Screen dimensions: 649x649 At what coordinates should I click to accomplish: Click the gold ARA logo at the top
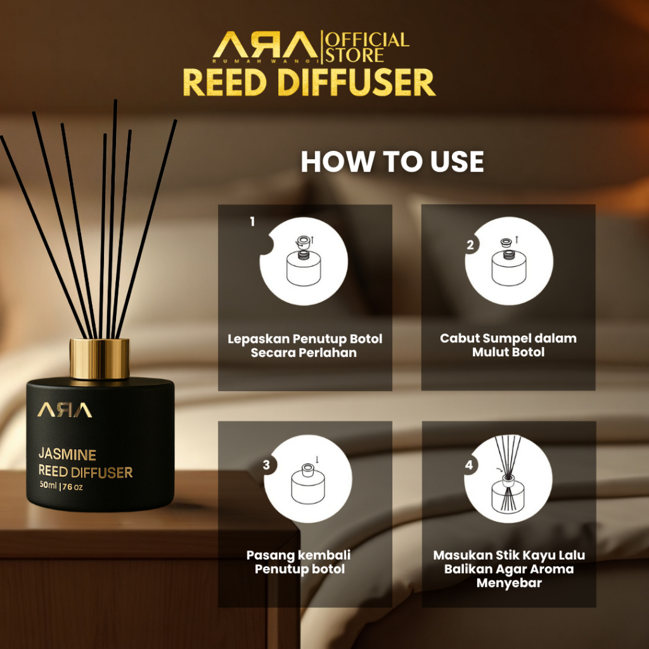tap(266, 45)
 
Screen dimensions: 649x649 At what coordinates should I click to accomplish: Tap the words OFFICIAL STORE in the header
tap(367, 48)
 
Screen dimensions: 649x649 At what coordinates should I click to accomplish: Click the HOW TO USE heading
tap(392, 161)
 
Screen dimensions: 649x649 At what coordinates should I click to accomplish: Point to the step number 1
tap(252, 222)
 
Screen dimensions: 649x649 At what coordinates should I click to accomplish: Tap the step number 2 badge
tap(470, 245)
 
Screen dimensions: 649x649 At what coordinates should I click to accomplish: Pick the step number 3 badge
tap(267, 465)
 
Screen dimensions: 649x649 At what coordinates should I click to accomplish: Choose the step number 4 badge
tap(469, 465)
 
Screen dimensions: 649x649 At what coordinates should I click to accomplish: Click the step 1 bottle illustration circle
tap(304, 261)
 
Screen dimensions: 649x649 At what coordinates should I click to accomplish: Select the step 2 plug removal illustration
tap(509, 261)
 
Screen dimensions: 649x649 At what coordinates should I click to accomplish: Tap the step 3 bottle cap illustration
tap(308, 479)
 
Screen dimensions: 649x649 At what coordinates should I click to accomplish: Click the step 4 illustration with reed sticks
tap(508, 479)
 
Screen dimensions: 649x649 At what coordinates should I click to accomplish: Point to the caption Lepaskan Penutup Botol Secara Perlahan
tap(305, 345)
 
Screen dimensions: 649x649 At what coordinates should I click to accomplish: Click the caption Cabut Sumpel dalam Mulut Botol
tap(508, 345)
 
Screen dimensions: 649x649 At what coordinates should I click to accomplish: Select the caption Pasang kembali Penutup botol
tap(299, 562)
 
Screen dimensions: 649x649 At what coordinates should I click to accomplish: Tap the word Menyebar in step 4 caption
tap(509, 583)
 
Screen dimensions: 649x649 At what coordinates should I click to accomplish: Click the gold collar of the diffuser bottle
tap(100, 359)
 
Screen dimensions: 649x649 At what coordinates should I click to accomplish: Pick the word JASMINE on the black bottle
tap(67, 454)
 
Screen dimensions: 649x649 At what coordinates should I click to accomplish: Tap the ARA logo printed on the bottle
tap(64, 410)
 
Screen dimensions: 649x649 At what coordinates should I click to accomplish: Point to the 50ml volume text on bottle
tap(48, 485)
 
